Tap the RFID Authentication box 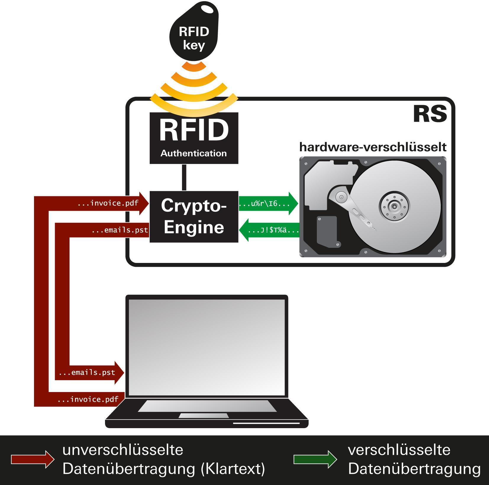pyautogui.click(x=194, y=138)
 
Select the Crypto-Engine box pyautogui.click(x=194, y=216)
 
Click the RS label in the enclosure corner pyautogui.click(x=430, y=114)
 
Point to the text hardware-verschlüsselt pyautogui.click(x=373, y=147)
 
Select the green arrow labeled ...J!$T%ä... pyautogui.click(x=269, y=230)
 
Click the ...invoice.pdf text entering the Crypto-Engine pyautogui.click(x=108, y=203)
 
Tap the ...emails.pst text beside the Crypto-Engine pyautogui.click(x=120, y=230)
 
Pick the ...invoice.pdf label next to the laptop pyautogui.click(x=88, y=399)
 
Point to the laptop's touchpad pyautogui.click(x=204, y=416)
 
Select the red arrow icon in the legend pyautogui.click(x=33, y=459)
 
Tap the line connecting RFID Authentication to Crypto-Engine pyautogui.click(x=184, y=177)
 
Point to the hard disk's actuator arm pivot pyautogui.click(x=341, y=197)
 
